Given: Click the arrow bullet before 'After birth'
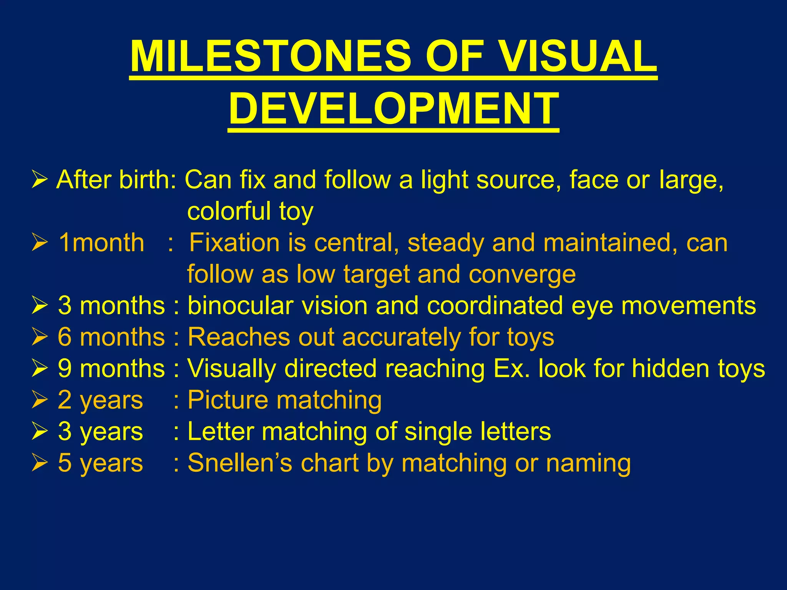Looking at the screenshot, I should point(40,180).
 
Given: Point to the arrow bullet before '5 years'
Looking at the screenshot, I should point(40,463).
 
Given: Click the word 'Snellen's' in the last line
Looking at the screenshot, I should point(240,463).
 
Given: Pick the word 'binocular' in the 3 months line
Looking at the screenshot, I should point(241,306).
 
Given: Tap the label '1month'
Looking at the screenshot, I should point(101,243).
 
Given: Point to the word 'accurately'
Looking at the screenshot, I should point(401,337).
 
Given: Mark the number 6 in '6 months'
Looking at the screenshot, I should point(65,337).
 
